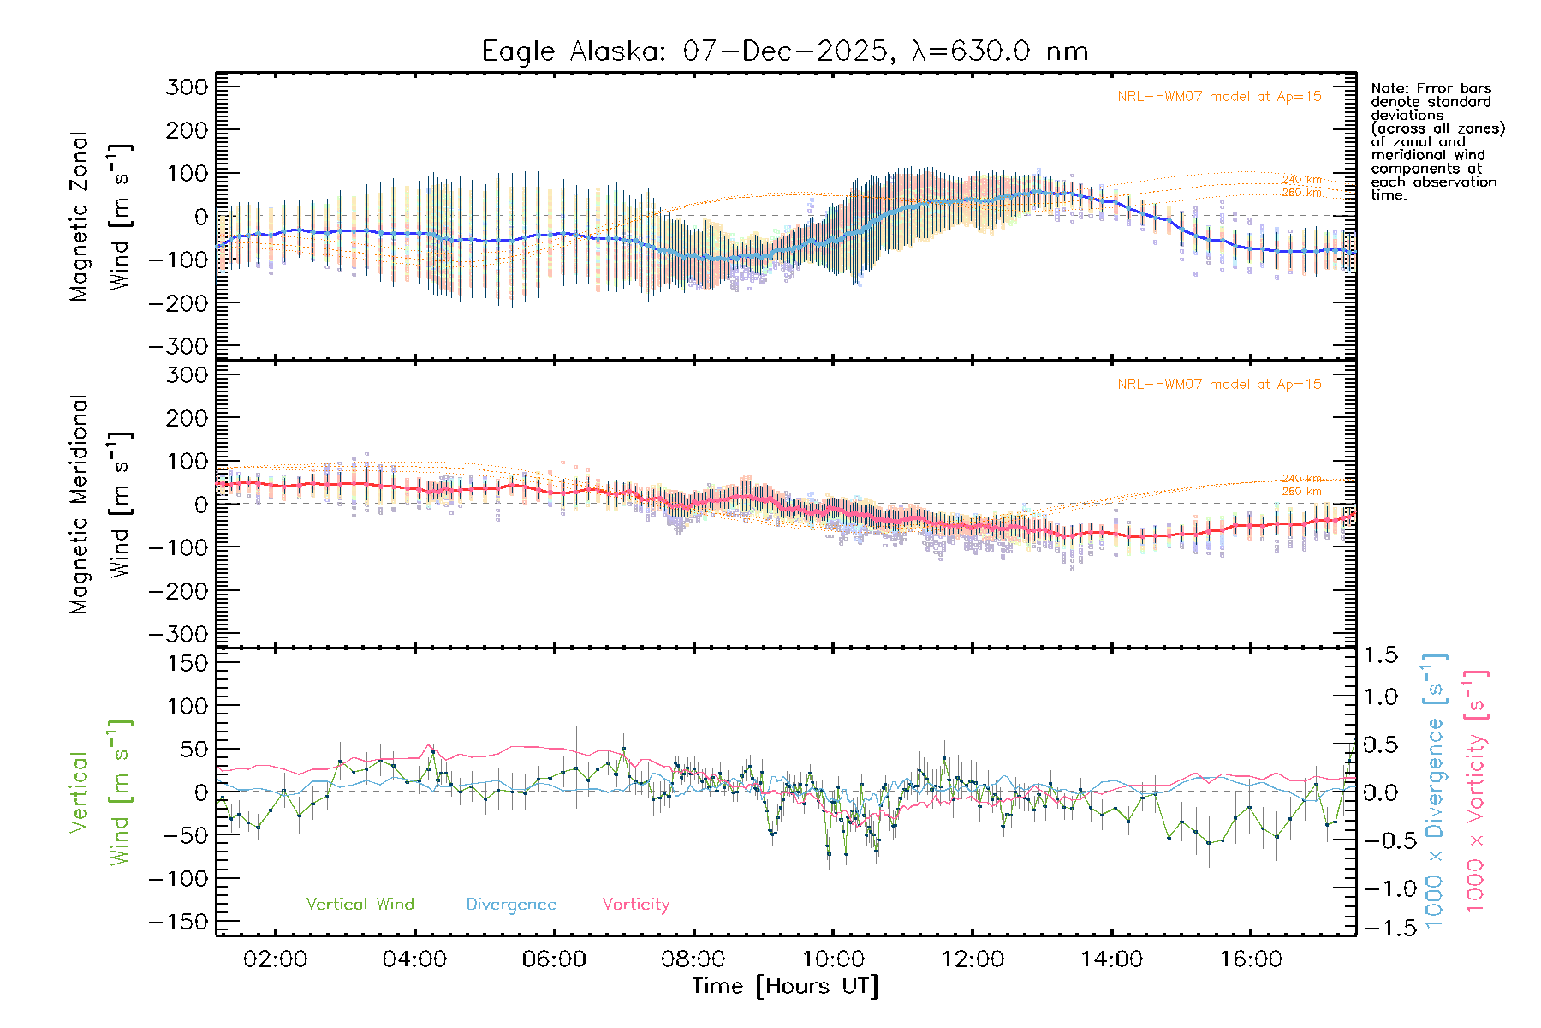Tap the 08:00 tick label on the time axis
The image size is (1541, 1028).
pyautogui.click(x=693, y=959)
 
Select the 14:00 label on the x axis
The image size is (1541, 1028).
pyautogui.click(x=1111, y=959)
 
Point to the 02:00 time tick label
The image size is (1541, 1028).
pyautogui.click(x=275, y=959)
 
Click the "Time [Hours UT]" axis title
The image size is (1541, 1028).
pyautogui.click(x=785, y=986)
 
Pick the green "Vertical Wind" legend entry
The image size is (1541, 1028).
pyautogui.click(x=360, y=904)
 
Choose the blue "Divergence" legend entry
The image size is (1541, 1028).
pyautogui.click(x=511, y=904)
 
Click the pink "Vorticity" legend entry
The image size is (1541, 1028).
pyautogui.click(x=635, y=904)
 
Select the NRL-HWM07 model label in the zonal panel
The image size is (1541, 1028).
pyautogui.click(x=1219, y=97)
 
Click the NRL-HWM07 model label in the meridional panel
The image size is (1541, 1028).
pyautogui.click(x=1219, y=385)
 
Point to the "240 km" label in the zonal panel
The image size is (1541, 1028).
pyautogui.click(x=1301, y=180)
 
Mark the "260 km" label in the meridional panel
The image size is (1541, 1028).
pyautogui.click(x=1301, y=491)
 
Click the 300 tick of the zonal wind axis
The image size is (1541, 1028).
pyautogui.click(x=187, y=87)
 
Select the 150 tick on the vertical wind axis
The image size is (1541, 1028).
pyautogui.click(x=187, y=663)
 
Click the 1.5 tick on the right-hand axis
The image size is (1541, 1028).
pyautogui.click(x=1381, y=655)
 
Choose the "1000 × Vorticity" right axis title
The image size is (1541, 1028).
pyautogui.click(x=1476, y=792)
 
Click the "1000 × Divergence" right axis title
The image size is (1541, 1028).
pyautogui.click(x=1435, y=792)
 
